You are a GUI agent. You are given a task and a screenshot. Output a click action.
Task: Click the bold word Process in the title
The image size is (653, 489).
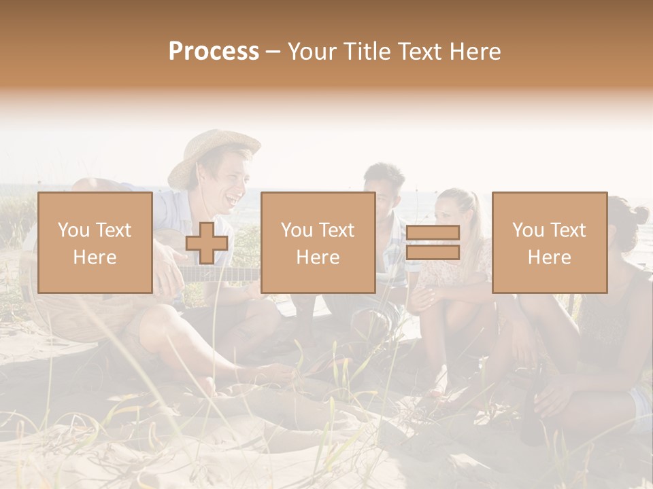[214, 52]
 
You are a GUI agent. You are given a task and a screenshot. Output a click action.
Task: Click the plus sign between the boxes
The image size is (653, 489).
[207, 243]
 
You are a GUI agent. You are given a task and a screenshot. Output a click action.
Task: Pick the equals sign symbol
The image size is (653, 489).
[433, 242]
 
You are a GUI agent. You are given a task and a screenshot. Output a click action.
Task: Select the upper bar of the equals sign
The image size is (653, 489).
[433, 233]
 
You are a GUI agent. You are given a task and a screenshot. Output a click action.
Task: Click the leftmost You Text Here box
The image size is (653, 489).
[95, 242]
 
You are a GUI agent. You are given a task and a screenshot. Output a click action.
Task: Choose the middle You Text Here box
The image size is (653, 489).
[318, 242]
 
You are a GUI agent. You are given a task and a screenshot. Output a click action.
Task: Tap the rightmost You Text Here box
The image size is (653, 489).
[549, 242]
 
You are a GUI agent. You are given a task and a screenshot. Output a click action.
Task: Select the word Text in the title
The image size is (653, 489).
[420, 52]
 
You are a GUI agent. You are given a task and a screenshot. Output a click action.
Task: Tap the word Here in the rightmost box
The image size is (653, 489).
[549, 257]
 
